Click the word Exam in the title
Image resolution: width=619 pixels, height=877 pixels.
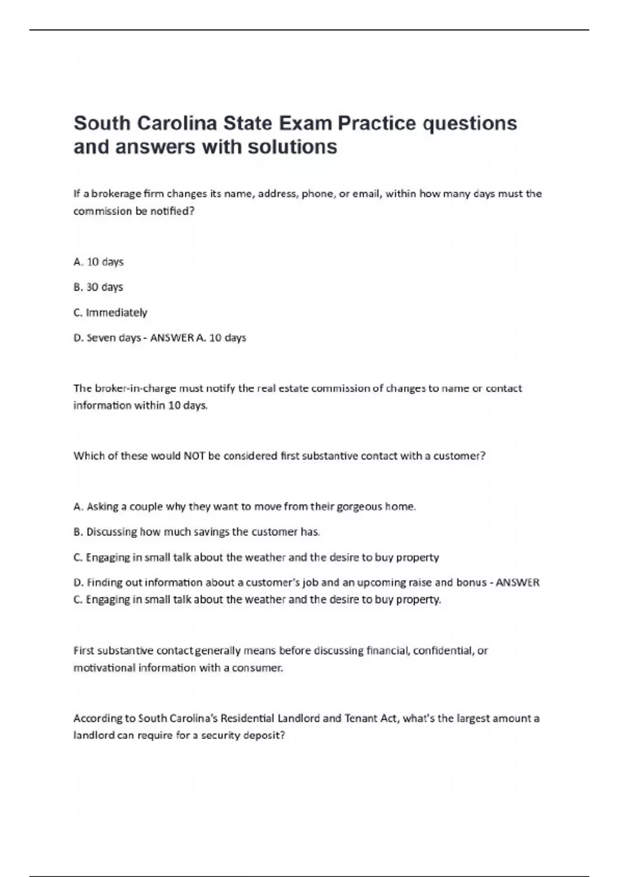pos(305,124)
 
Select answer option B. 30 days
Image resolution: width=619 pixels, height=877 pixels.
pos(99,287)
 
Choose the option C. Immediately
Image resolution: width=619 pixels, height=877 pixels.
pos(110,313)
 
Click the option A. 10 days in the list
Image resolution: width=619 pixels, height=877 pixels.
pos(99,262)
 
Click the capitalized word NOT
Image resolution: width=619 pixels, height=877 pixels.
pos(194,456)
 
